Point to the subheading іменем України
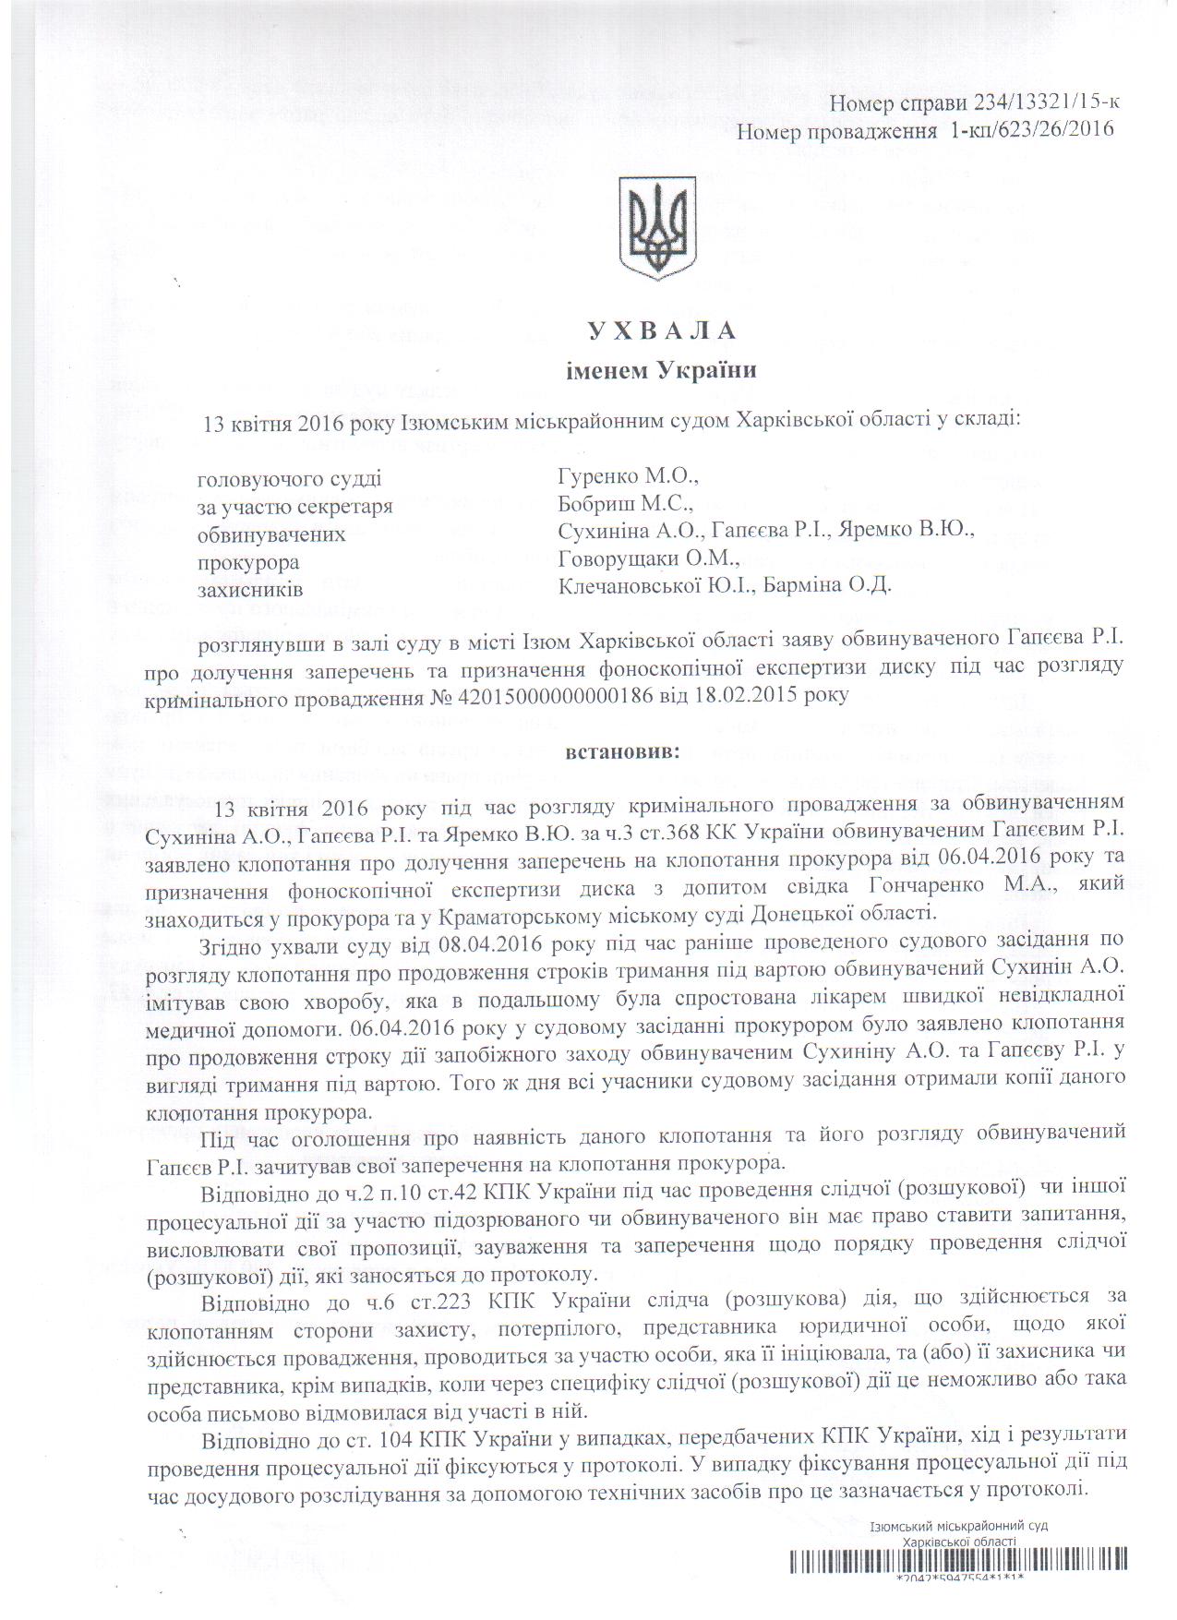(661, 372)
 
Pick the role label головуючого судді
(289, 479)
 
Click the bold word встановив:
(620, 752)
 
